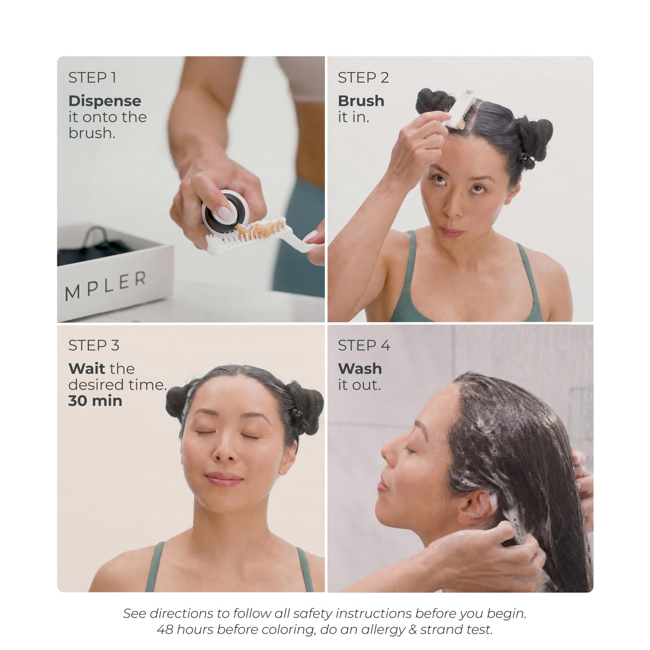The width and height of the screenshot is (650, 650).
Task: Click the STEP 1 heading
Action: pos(93,77)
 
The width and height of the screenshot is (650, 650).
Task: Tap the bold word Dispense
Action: pos(105,101)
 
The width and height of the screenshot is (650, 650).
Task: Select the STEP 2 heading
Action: pos(363,77)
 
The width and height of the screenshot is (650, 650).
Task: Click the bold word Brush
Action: pos(361,101)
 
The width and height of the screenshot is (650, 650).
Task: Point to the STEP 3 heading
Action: pos(94,345)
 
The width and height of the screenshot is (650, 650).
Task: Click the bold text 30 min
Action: pos(95,401)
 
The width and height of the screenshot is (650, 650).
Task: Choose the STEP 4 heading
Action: pos(364,345)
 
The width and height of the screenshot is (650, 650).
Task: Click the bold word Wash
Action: pos(360,368)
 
